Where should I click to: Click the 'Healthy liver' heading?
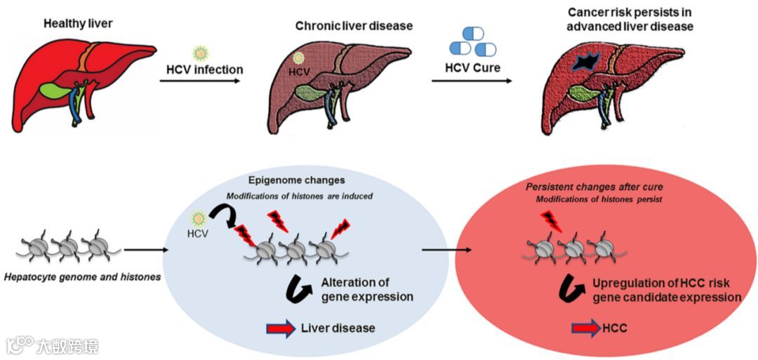click(x=78, y=23)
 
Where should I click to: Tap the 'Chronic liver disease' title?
click(x=354, y=26)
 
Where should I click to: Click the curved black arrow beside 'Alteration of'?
click(x=300, y=288)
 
